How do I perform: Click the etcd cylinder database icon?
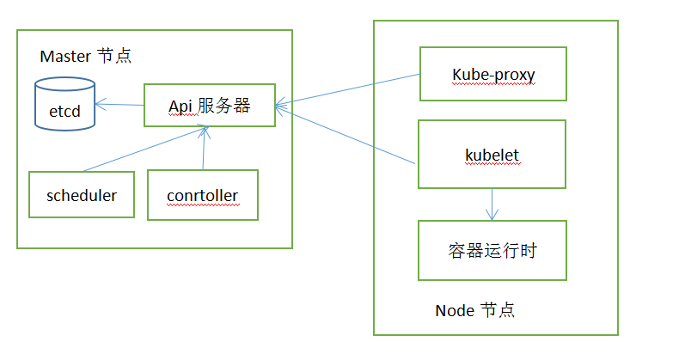point(65,104)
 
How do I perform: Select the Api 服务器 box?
point(209,106)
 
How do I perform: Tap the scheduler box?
point(83,196)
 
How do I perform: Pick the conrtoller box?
point(203,196)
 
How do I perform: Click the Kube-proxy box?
point(492,75)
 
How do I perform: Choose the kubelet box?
point(492,155)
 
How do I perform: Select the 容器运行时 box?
point(492,250)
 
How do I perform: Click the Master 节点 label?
point(86,57)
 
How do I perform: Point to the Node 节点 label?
point(474,310)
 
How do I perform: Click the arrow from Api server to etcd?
point(119,105)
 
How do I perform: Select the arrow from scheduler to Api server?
point(142,149)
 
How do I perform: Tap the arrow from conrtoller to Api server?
point(204,148)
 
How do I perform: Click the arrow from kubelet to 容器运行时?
point(492,204)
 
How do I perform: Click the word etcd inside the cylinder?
point(64,111)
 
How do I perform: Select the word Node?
point(455,310)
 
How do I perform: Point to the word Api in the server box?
point(180,106)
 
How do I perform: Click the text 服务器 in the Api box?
point(223,106)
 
